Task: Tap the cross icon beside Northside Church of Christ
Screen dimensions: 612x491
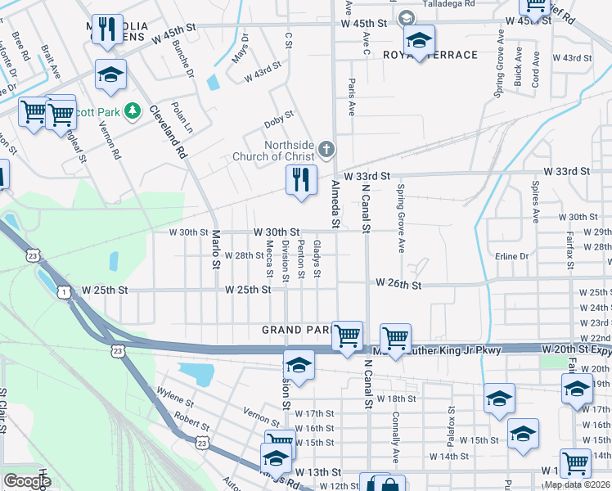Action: (326, 148)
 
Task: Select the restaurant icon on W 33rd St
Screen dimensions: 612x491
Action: (301, 179)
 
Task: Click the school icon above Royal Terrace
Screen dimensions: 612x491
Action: (419, 40)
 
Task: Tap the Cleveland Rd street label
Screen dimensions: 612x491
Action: (169, 132)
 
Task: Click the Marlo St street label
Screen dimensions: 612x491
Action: (216, 249)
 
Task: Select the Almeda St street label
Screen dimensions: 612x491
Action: (334, 204)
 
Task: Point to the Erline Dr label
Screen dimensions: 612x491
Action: (512, 256)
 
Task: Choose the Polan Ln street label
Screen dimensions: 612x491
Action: (182, 118)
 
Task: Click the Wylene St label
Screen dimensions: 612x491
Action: (174, 402)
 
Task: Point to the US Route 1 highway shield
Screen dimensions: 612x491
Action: (63, 292)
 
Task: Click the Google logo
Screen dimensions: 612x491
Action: (27, 481)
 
